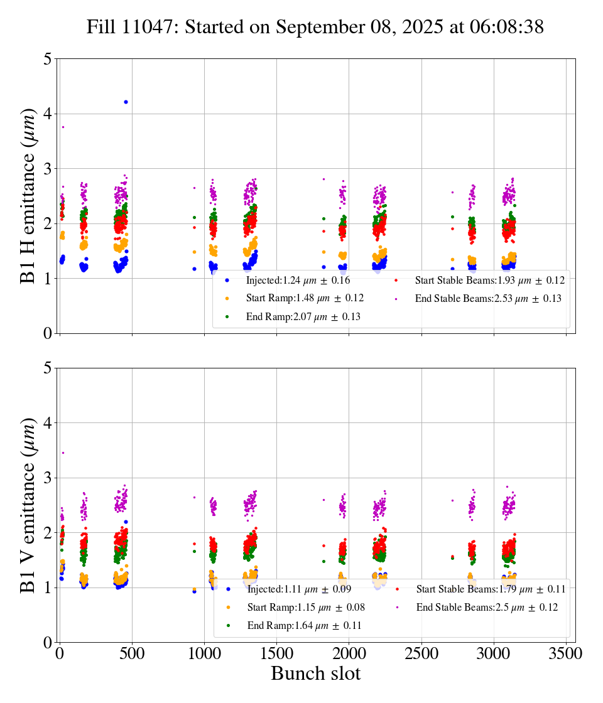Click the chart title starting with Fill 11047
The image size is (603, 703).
(x=315, y=27)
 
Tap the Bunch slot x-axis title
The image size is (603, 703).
(x=315, y=673)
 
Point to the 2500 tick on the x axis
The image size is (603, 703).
(x=421, y=653)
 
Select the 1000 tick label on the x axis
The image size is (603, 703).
(x=204, y=653)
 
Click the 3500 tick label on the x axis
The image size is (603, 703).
(x=567, y=653)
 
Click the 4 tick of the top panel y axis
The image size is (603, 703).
(x=46, y=114)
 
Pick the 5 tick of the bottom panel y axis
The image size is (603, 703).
(x=46, y=368)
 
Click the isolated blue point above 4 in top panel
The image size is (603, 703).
(x=126, y=102)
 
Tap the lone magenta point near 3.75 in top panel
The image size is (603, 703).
(x=63, y=127)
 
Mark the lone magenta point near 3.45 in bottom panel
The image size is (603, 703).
(x=63, y=453)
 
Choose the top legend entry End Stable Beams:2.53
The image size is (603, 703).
(x=487, y=299)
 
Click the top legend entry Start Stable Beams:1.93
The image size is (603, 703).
(x=489, y=280)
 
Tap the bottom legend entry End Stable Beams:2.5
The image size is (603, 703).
(x=486, y=608)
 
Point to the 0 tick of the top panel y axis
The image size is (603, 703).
(x=46, y=333)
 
